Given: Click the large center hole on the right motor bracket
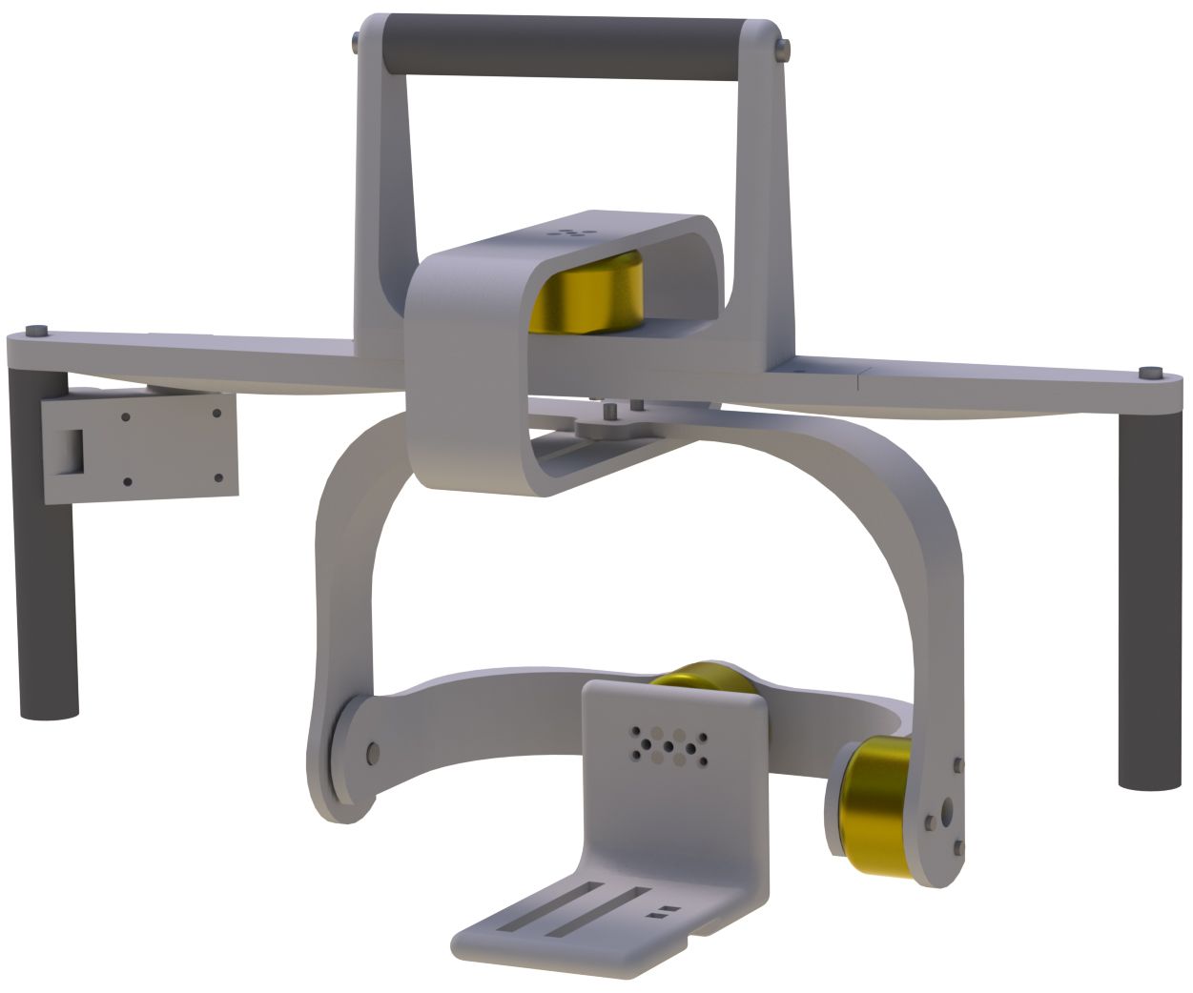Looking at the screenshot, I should [x=945, y=811].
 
